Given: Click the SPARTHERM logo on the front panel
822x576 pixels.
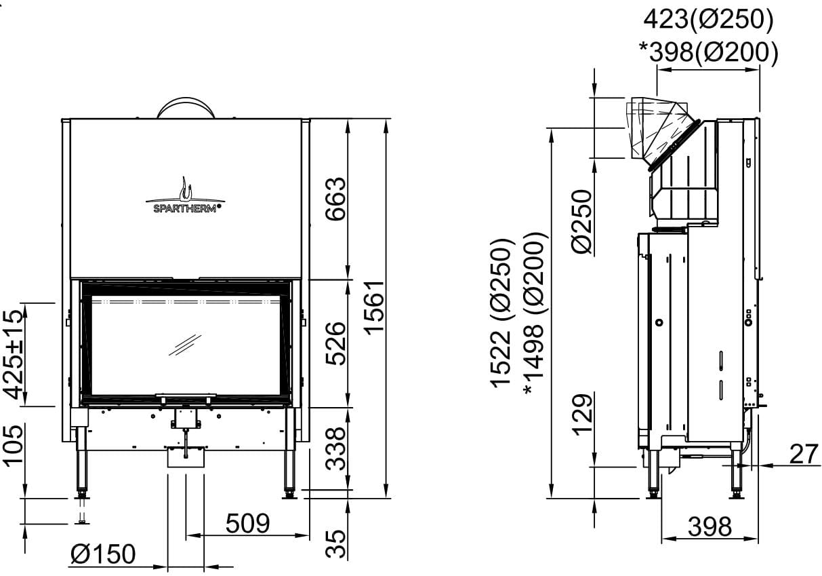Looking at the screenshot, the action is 185,195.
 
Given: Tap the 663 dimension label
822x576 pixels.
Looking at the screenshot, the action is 335,199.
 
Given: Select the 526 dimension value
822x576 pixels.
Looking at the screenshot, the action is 335,343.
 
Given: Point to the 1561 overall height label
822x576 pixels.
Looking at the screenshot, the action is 374,308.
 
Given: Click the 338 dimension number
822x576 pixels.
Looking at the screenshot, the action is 335,448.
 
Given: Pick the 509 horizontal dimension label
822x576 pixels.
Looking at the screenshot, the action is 248,523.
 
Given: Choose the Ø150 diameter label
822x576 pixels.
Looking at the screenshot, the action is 103,554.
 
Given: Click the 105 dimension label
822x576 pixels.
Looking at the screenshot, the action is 13,446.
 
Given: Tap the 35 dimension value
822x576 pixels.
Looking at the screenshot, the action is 335,543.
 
